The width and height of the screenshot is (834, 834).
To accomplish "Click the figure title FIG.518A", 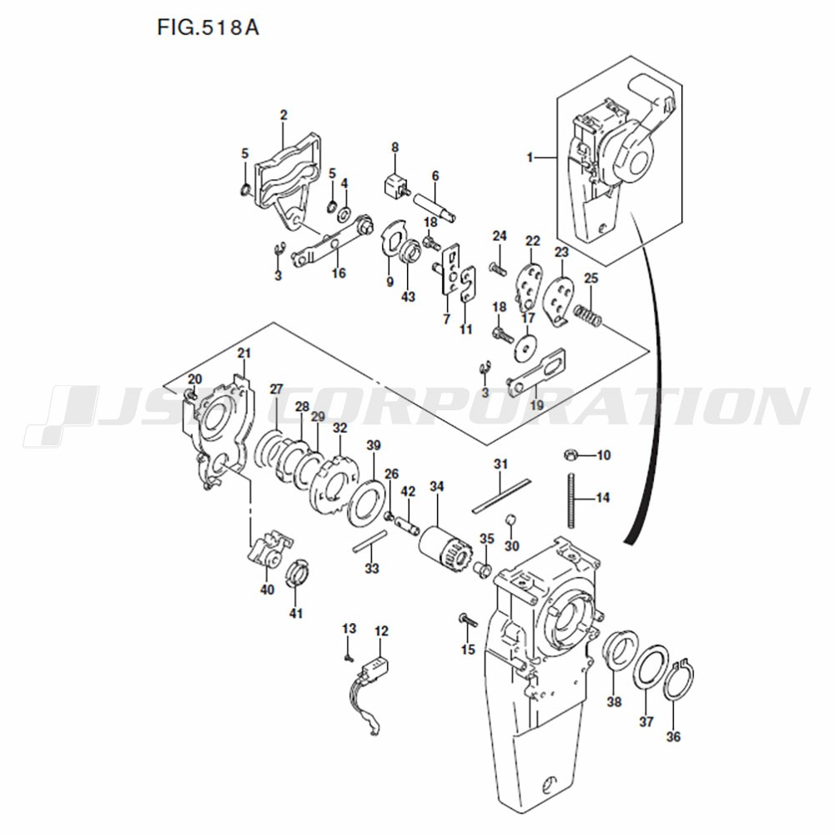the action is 208,28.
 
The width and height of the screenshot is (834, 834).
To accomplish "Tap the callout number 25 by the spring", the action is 591,279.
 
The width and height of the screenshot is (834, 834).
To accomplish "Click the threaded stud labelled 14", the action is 572,500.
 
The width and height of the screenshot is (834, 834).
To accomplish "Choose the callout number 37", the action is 646,721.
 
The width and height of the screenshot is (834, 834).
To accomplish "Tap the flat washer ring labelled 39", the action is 366,503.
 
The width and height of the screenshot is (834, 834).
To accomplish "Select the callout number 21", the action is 244,353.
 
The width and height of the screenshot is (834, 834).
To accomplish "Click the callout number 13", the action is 349,629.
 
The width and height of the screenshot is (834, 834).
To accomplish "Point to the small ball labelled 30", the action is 510,519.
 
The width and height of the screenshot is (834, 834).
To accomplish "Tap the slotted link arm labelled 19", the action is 535,373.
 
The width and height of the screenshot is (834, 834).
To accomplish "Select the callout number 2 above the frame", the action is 284,115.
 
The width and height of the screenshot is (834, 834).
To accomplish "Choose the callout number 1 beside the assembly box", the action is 530,158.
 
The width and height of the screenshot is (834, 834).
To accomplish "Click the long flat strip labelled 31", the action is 501,496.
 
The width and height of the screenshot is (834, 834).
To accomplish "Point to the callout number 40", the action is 267,590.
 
